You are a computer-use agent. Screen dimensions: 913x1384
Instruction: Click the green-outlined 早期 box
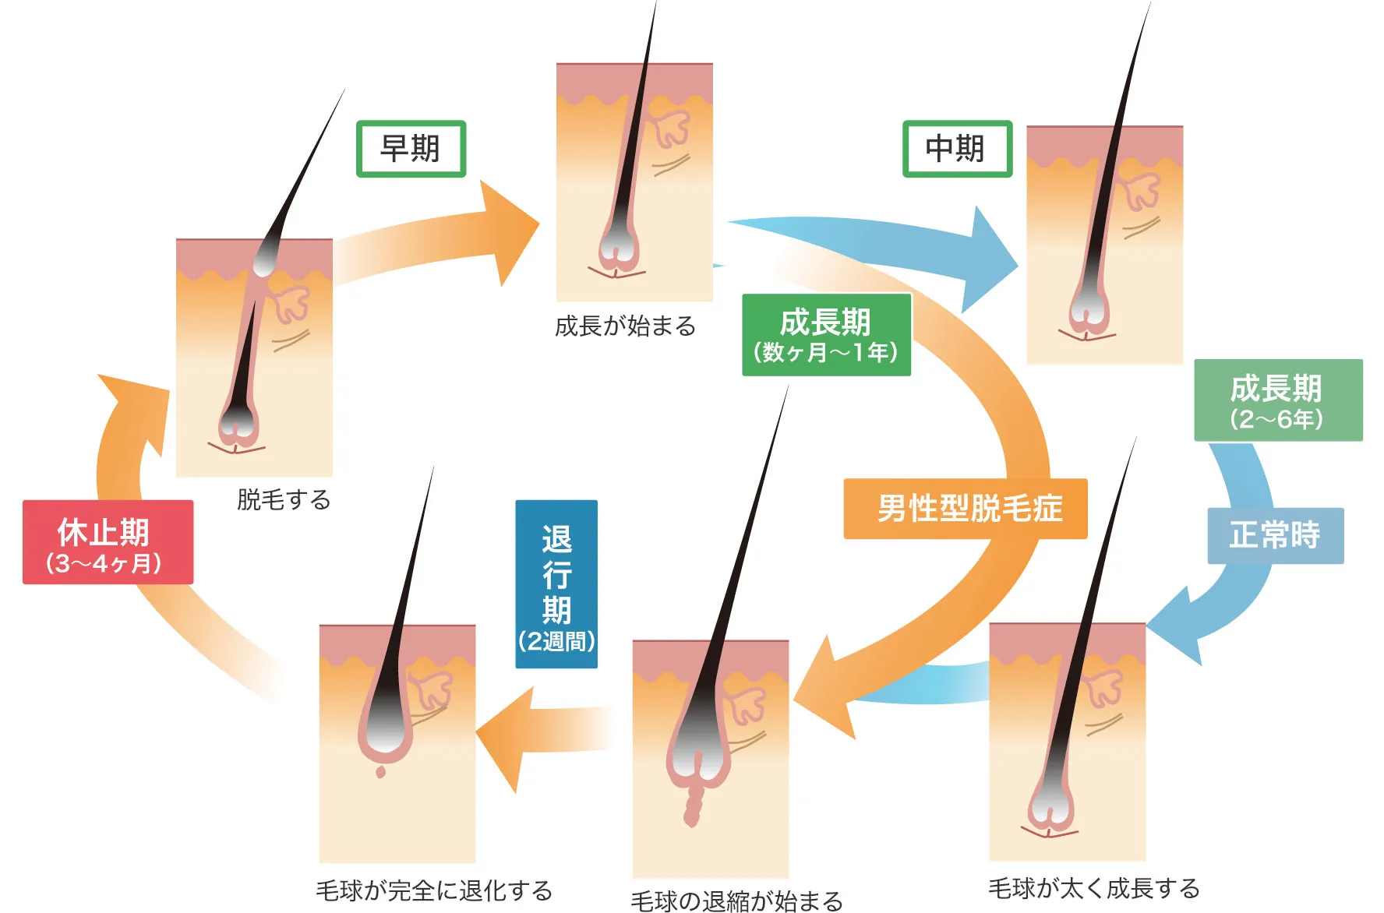(411, 149)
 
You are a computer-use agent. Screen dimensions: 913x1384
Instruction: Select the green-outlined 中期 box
(957, 149)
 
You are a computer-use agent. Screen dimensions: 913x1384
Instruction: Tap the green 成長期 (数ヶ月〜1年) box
(826, 335)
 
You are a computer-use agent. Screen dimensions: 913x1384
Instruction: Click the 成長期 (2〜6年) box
(1277, 400)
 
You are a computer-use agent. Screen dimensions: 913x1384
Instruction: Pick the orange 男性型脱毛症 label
(965, 509)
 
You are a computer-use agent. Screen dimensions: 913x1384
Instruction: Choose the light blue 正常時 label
(1275, 536)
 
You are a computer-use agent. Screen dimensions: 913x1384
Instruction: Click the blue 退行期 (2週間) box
(556, 584)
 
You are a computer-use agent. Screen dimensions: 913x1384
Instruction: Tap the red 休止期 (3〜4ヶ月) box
(108, 542)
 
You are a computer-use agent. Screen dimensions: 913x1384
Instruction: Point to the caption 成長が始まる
(625, 326)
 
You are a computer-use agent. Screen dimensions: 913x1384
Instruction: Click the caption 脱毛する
(284, 499)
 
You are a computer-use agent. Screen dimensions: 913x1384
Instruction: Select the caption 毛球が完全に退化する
(434, 890)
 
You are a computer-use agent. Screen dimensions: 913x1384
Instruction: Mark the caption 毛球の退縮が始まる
(736, 901)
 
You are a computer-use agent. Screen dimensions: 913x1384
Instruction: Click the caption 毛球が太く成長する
(1093, 888)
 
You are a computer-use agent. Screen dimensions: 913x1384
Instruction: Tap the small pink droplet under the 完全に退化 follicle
(380, 771)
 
